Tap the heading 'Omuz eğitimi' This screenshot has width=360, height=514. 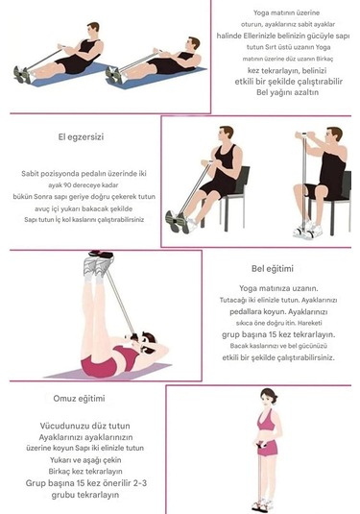[x=81, y=398]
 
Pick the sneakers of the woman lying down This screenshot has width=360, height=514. [x=99, y=262]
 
